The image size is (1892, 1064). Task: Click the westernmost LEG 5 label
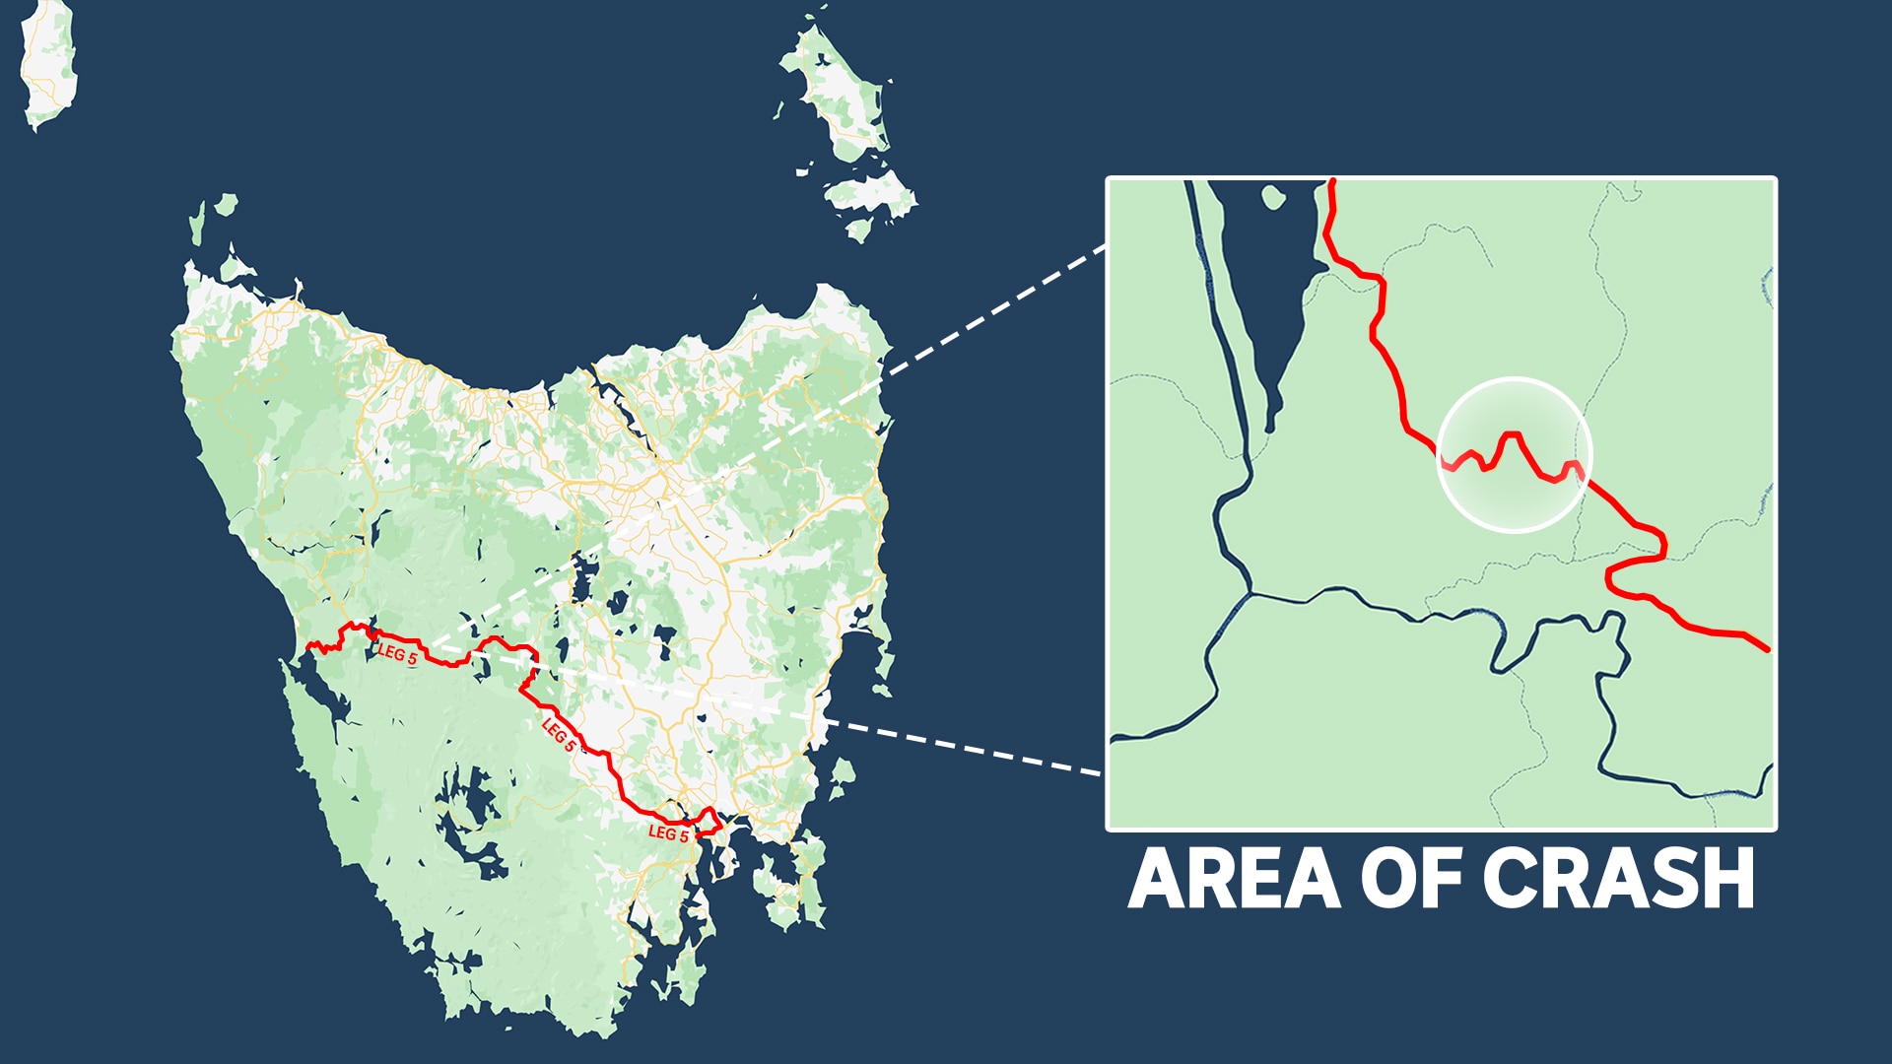[x=397, y=654]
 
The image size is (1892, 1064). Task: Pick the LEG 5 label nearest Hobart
[x=668, y=833]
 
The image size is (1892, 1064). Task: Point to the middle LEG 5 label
[x=559, y=735]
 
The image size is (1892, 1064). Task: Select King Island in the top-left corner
[x=47, y=64]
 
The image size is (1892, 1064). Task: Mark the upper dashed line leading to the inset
[x=995, y=310]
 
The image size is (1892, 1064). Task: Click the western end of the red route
[x=309, y=647]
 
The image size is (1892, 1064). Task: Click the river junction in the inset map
[x=1250, y=593]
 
